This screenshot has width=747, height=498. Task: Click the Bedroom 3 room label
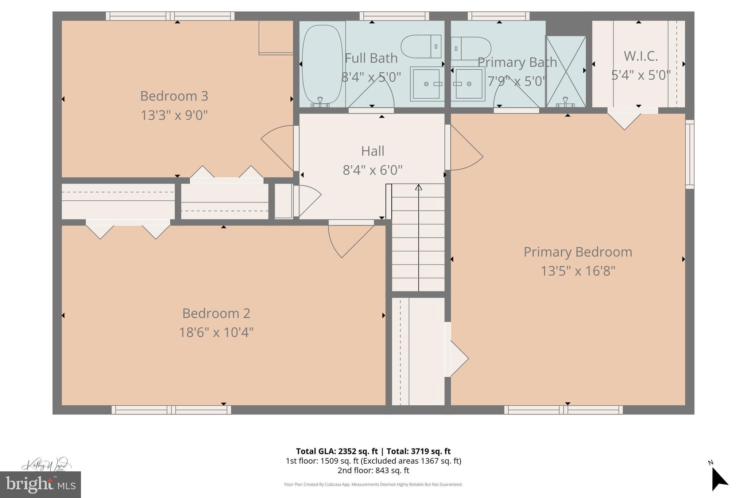point(174,96)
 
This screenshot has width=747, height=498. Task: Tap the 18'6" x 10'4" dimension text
point(216,332)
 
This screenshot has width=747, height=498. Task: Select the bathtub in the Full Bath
point(322,65)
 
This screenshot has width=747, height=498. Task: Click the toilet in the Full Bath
point(422,46)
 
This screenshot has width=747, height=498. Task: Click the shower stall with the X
point(565,72)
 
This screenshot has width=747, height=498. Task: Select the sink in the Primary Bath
point(469,84)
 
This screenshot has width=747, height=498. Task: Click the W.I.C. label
point(640,56)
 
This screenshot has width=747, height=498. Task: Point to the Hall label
point(372,151)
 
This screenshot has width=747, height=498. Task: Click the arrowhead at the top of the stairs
point(418,187)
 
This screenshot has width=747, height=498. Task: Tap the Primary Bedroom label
point(578,252)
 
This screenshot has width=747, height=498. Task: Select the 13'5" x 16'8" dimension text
point(578,271)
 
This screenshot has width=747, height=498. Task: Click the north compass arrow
point(719,479)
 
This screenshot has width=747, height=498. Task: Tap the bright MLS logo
point(40,485)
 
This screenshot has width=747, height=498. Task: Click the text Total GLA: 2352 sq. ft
point(337,451)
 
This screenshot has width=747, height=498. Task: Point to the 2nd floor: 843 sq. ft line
point(373,471)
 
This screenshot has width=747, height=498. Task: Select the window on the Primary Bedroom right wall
point(689,154)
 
